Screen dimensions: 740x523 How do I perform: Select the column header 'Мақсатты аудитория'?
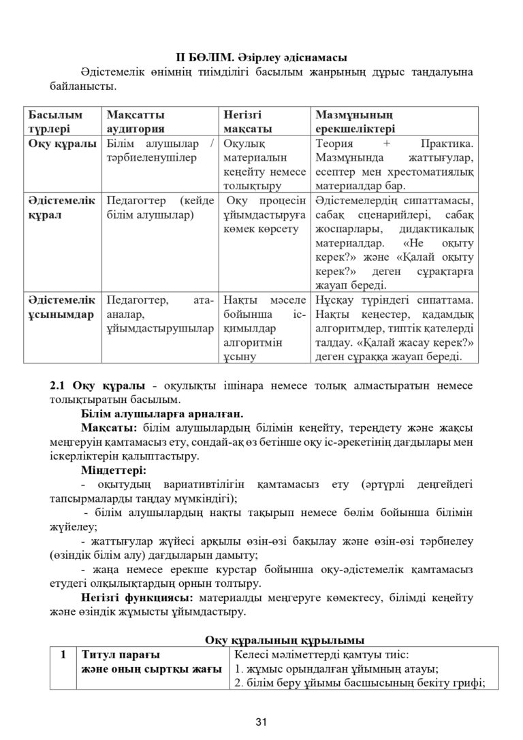[136, 121]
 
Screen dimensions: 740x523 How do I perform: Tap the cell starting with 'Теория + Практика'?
[395, 164]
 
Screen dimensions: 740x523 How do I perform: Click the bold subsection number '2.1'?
[59, 385]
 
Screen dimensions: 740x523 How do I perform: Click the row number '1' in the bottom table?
[63, 655]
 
